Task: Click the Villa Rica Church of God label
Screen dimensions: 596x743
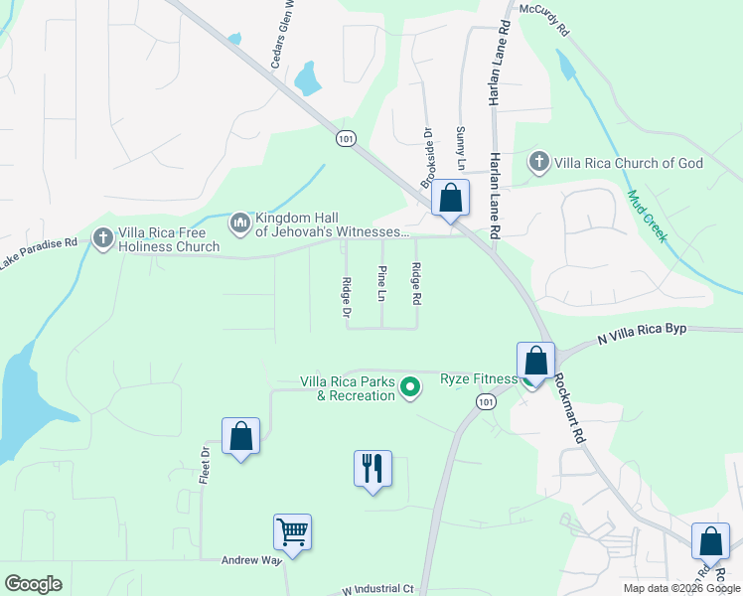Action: (x=629, y=163)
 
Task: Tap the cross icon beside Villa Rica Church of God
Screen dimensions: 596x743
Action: (x=539, y=162)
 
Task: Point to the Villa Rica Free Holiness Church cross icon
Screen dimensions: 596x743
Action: (x=102, y=238)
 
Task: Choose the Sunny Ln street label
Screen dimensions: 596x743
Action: (x=460, y=146)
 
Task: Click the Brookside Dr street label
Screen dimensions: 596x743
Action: (x=428, y=157)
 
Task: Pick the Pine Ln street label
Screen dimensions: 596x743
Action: (x=381, y=283)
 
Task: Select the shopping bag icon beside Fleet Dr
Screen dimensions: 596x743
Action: (x=240, y=435)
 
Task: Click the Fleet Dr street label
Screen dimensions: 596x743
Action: (x=205, y=465)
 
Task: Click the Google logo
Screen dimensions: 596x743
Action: (x=33, y=584)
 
